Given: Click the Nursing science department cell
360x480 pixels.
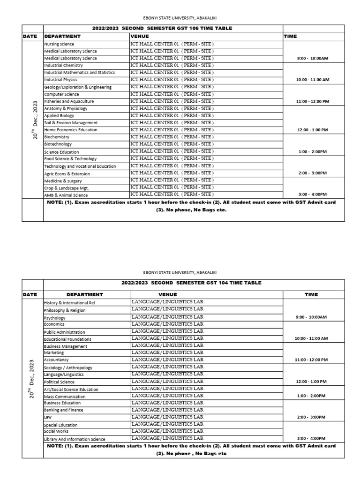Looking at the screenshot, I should click(59, 44).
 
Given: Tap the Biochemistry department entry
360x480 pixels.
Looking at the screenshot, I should click(58, 137).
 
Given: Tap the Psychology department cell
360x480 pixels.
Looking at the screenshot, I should click(55, 318).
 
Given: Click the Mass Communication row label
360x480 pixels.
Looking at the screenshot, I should click(62, 397).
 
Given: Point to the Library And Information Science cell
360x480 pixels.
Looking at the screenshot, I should click(75, 439).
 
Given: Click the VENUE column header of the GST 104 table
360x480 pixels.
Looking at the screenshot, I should click(168, 295).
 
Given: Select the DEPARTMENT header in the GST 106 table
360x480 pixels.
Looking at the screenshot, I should click(62, 36).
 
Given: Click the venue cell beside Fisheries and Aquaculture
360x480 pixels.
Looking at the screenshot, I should click(172, 101).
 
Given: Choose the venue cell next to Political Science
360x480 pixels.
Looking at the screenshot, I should click(168, 382).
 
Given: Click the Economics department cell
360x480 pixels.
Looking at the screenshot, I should click(54, 324).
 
